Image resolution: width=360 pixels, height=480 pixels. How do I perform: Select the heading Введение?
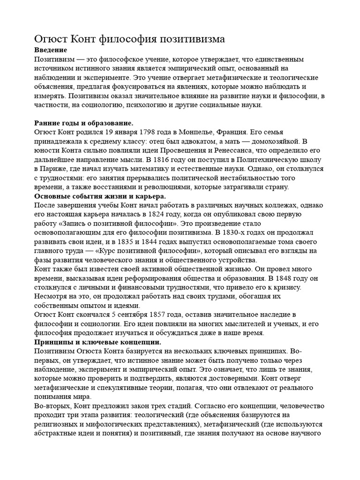click(51, 50)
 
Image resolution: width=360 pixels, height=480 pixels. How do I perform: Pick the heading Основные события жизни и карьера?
click(100, 196)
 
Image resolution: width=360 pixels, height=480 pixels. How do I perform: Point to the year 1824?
click(175, 214)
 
